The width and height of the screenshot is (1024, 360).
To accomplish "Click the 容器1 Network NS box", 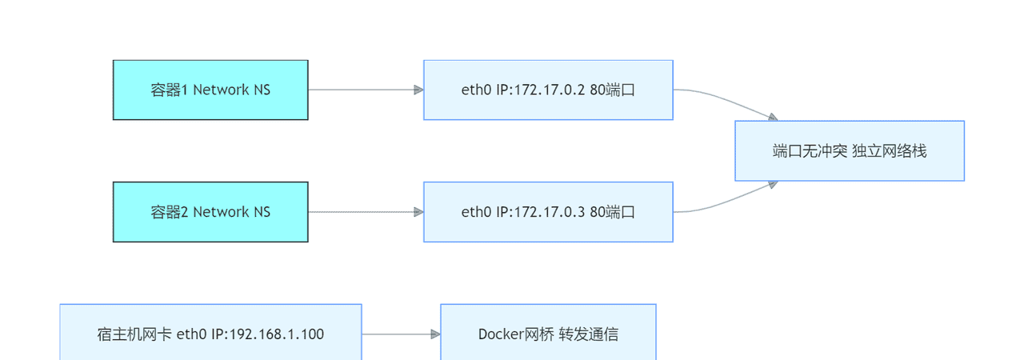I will point(210,90).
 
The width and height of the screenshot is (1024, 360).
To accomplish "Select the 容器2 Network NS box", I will point(210,212).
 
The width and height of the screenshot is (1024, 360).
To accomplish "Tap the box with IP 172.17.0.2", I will point(548,90).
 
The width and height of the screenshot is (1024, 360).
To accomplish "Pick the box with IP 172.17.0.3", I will point(548,212).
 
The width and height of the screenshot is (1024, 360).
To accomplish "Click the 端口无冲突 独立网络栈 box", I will point(850,150).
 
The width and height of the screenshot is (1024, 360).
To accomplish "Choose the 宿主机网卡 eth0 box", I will point(210,334).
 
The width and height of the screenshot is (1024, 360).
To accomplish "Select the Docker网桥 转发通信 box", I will point(548,334).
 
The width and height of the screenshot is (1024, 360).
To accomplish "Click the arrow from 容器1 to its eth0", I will point(365,90).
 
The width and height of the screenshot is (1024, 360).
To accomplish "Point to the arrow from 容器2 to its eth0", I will point(365,212).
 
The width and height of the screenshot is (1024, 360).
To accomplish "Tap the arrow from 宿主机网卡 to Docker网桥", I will point(400,334).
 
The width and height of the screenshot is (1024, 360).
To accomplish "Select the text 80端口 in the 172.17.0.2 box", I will point(612,90).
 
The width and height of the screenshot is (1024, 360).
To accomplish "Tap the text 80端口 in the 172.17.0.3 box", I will point(612,212).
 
